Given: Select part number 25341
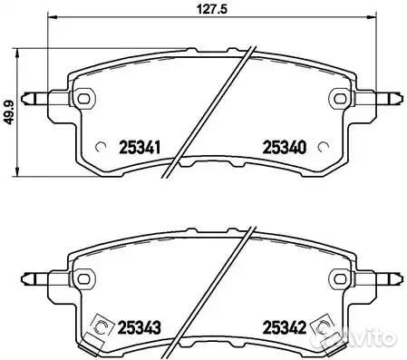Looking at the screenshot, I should [x=140, y=145].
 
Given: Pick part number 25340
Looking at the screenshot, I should [x=284, y=145].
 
